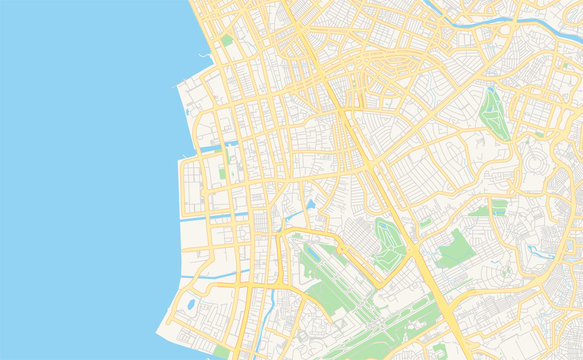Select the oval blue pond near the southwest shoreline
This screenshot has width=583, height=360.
pos(190,304)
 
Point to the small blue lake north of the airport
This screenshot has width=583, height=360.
pos(311,204)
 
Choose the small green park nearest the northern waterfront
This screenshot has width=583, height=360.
pos(227,40)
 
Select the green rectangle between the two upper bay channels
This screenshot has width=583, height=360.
pos(222,173)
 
